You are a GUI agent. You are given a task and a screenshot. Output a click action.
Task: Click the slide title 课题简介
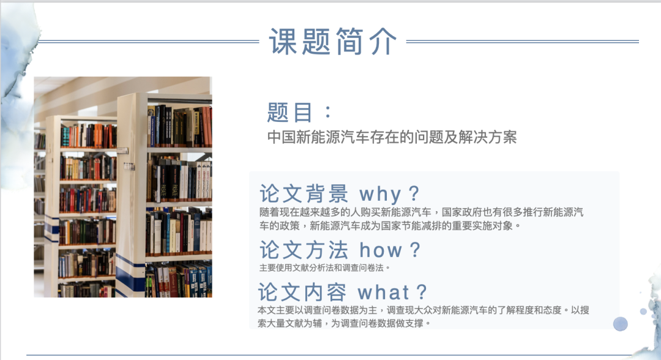click(x=333, y=41)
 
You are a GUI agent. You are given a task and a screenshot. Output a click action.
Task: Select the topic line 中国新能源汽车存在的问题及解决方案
click(x=392, y=137)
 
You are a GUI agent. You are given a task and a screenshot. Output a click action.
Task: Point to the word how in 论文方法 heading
click(x=381, y=250)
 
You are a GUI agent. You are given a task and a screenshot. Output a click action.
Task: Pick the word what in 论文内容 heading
click(x=383, y=292)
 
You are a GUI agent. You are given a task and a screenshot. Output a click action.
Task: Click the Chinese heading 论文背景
click(x=304, y=194)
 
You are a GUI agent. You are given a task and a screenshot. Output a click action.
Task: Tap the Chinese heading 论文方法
click(x=304, y=250)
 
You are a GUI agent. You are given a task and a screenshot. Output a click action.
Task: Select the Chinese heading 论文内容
click(x=302, y=292)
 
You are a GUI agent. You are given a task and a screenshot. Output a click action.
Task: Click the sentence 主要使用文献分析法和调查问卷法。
click(x=324, y=268)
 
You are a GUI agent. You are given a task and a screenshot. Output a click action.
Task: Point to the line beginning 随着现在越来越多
click(x=421, y=212)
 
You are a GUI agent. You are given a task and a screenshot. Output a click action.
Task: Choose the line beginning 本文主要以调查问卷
click(x=424, y=310)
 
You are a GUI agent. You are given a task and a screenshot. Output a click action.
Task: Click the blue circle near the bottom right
click(x=620, y=324)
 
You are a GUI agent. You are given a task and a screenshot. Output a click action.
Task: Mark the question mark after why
click(x=414, y=193)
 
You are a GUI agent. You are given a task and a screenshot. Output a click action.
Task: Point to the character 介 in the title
click(x=383, y=41)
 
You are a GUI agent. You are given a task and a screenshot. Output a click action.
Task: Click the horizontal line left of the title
click(x=149, y=41)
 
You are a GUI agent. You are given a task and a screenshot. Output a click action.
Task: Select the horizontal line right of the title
click(x=522, y=41)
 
